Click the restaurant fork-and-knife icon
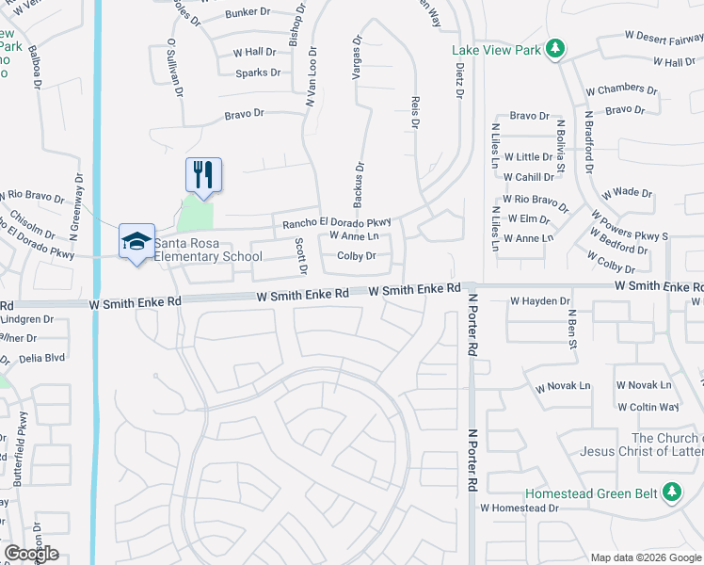click(x=203, y=173)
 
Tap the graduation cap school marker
click(x=136, y=240)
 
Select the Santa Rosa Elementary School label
click(x=208, y=250)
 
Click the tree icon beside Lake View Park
click(x=555, y=48)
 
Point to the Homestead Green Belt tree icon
click(x=671, y=492)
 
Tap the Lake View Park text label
click(x=496, y=50)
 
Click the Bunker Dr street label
click(x=248, y=14)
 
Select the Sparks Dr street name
click(x=258, y=73)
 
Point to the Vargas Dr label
click(x=358, y=59)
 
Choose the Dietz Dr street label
click(x=459, y=80)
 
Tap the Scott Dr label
click(x=301, y=255)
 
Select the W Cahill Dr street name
click(x=527, y=177)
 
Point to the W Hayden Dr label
click(x=540, y=301)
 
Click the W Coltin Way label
click(x=648, y=407)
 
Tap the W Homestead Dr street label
click(x=519, y=508)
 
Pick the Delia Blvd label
click(x=41, y=358)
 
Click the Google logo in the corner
click(x=31, y=554)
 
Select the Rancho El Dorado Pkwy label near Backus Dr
click(x=336, y=222)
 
